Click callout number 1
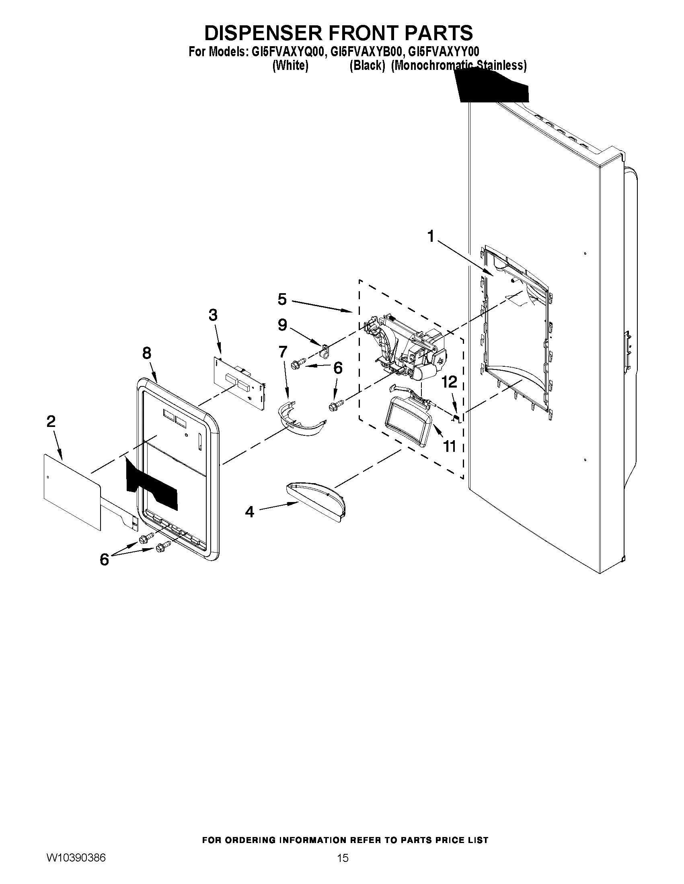[x=431, y=236]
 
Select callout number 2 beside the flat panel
[x=51, y=421]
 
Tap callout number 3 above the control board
[x=213, y=314]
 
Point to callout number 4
[x=250, y=512]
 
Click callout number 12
[x=450, y=381]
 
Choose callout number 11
[x=450, y=447]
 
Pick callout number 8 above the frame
[x=147, y=353]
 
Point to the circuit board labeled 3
[x=239, y=382]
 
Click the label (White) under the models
[x=290, y=65]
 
